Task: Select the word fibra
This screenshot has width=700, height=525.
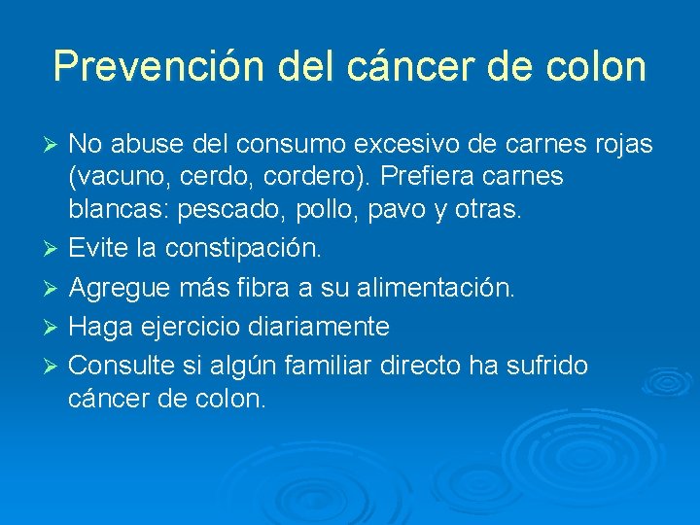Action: coord(296,289)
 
